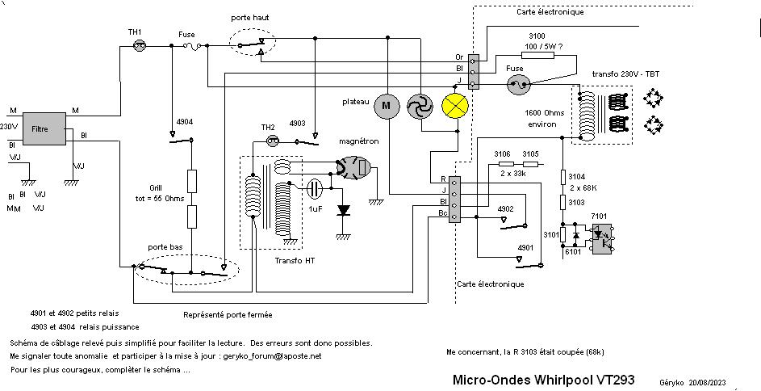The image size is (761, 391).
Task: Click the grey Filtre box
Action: pos(40,129)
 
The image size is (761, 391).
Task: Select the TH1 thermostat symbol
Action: pos(137,48)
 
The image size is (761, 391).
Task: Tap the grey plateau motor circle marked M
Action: pos(386,105)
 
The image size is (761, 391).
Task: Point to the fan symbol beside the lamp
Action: pos(420,106)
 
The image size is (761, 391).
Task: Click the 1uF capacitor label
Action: pos(316,208)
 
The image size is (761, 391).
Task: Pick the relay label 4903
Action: pos(298,123)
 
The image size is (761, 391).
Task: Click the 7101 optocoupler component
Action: pos(602,236)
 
